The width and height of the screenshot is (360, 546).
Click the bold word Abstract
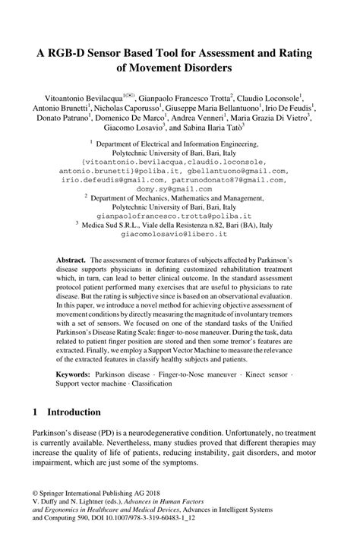(x=71, y=258)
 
